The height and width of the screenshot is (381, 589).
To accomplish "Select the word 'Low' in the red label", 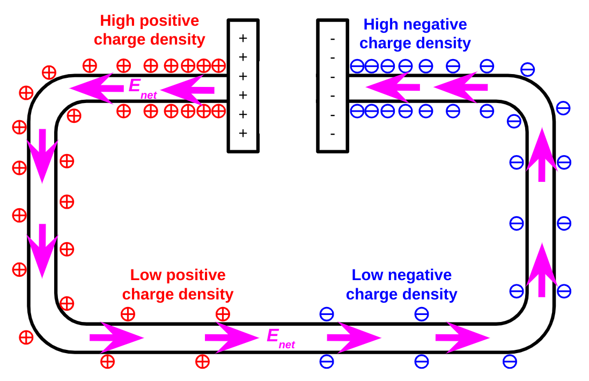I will pyautogui.click(x=144, y=275).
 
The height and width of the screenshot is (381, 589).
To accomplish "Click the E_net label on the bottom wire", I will pyautogui.click(x=281, y=338).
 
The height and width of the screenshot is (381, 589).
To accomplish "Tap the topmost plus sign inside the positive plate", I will pyautogui.click(x=243, y=38).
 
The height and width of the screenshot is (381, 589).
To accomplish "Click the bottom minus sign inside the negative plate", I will pyautogui.click(x=333, y=134).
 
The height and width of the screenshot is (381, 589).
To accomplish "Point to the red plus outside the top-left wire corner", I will pyautogui.click(x=49, y=72).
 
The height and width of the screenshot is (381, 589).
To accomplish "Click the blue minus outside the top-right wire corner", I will pyautogui.click(x=527, y=69).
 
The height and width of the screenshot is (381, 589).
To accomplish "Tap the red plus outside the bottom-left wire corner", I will pyautogui.click(x=26, y=338).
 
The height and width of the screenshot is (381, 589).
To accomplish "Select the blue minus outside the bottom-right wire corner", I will pyautogui.click(x=510, y=361).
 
